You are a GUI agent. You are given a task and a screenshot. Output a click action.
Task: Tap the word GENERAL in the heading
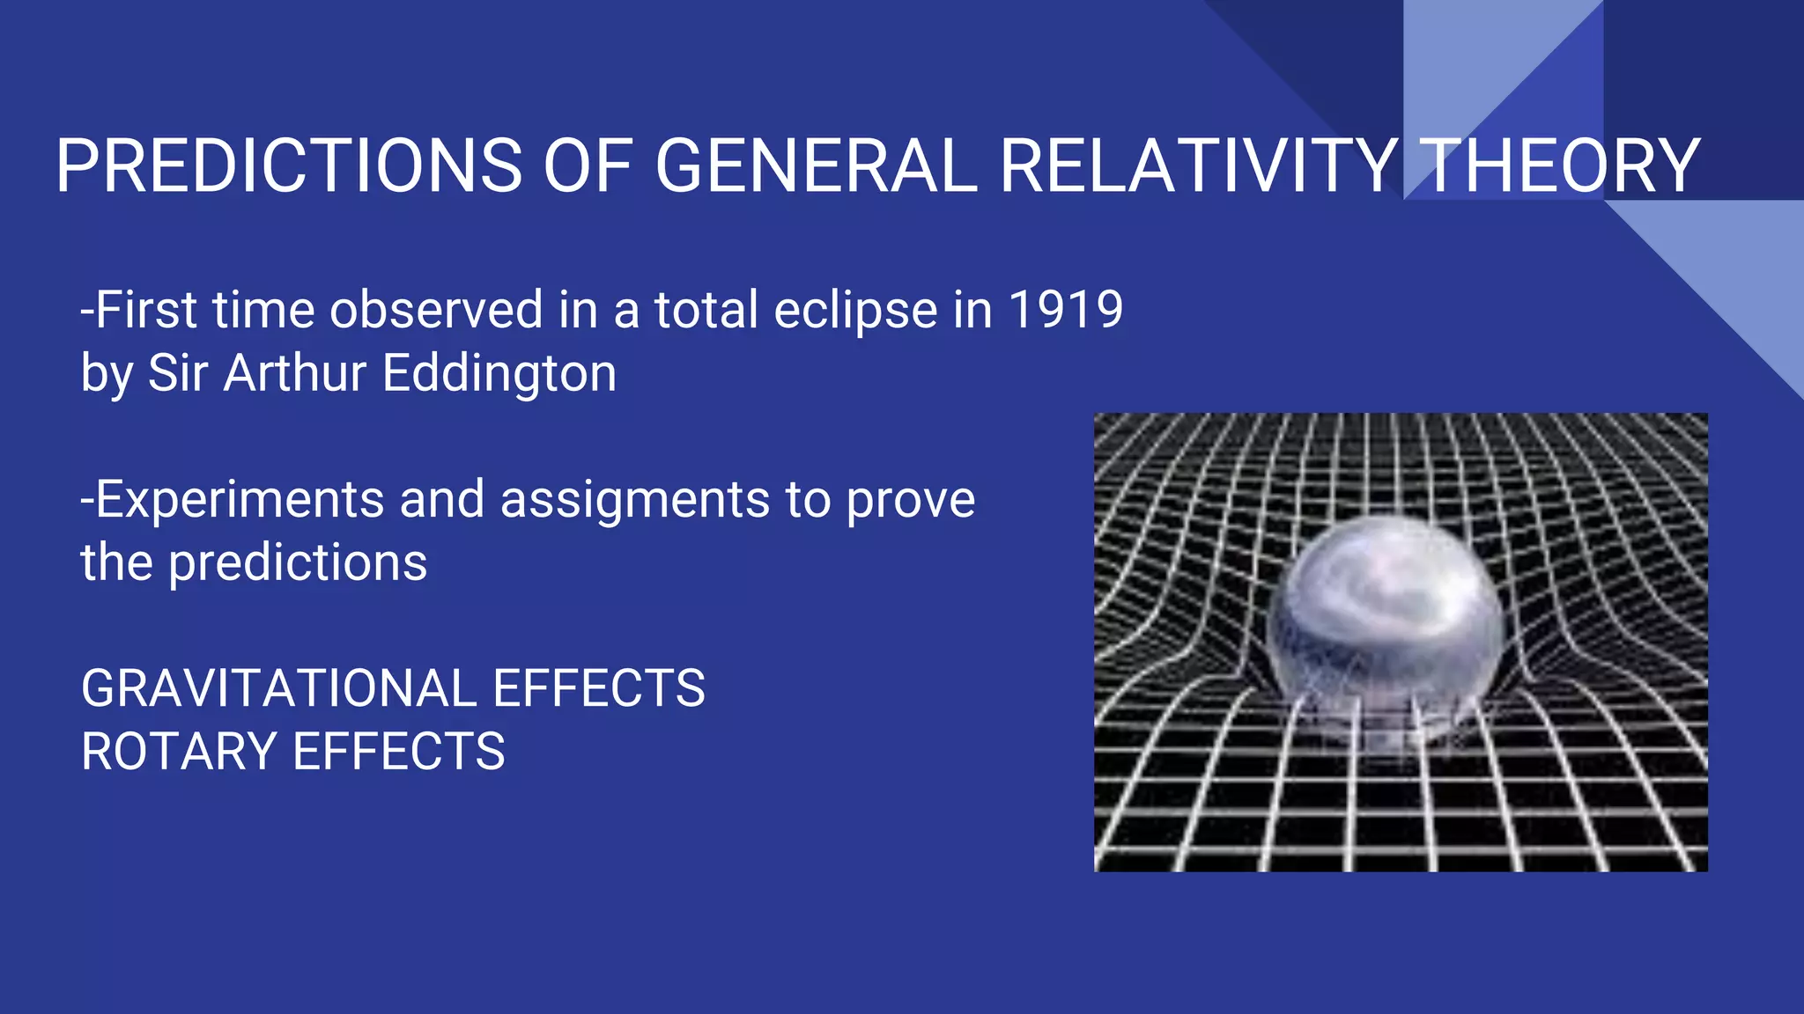coord(816,166)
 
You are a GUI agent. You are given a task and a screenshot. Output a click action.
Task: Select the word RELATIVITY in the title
coord(1198,166)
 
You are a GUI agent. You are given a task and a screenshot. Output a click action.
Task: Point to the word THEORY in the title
coord(1559,166)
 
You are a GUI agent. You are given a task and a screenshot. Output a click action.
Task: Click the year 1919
coord(1065,310)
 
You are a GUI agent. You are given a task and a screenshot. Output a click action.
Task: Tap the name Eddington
coord(499,373)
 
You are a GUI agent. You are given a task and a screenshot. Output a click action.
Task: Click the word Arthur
coord(295,373)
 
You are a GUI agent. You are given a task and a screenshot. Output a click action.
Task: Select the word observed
coord(436,310)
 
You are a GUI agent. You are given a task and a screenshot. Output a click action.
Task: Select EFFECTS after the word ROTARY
coord(398,752)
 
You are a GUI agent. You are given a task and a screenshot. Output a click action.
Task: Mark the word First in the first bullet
coord(145,310)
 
